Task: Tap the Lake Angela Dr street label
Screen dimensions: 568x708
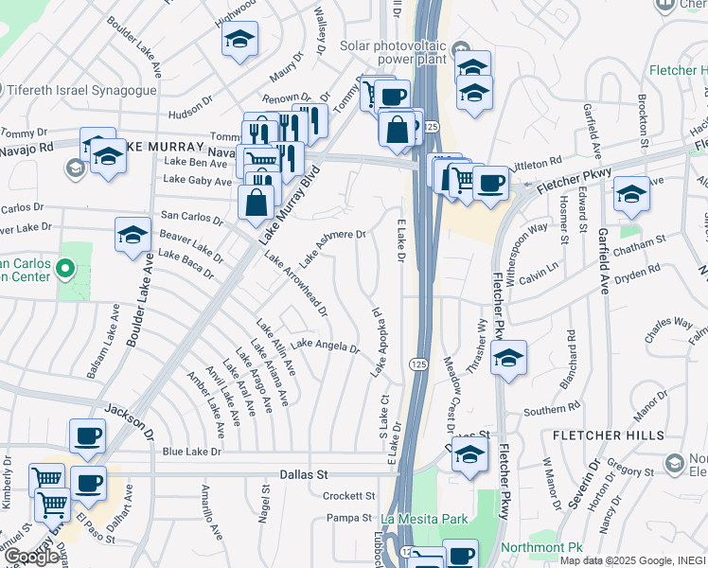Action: pyautogui.click(x=325, y=346)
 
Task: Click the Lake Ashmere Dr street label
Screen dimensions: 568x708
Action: pyautogui.click(x=333, y=247)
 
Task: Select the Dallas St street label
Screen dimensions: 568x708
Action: pyautogui.click(x=303, y=472)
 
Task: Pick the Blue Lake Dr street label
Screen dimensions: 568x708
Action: pyautogui.click(x=191, y=453)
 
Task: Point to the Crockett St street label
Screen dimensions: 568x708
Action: pyautogui.click(x=349, y=496)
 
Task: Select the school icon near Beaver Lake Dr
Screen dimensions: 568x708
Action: pyautogui.click(x=133, y=235)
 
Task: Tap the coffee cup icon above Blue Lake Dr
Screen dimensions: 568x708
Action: pyautogui.click(x=87, y=435)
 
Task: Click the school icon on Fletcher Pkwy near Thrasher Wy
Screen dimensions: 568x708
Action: pyautogui.click(x=508, y=359)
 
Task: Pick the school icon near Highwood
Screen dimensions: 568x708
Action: pyautogui.click(x=239, y=40)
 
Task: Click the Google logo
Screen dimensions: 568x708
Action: pyautogui.click(x=31, y=557)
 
